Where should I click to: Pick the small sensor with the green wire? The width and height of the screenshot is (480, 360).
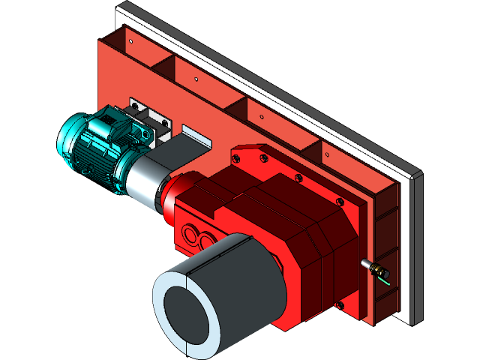(x=373, y=267)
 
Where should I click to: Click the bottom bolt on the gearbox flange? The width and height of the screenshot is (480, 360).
(x=340, y=304)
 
